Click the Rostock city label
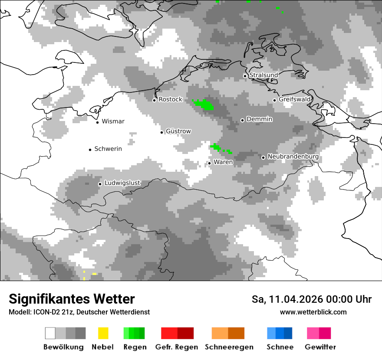tap(170, 99)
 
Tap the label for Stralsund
tap(263, 75)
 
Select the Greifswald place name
tap(295, 99)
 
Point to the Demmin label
tap(259, 119)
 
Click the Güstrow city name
tap(178, 131)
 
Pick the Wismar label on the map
tap(113, 121)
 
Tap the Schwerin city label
tap(108, 149)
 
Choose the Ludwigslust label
tap(122, 183)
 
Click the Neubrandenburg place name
tap(293, 157)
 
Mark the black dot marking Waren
tap(209, 163)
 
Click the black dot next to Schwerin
tap(90, 150)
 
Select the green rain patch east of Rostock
tap(203, 104)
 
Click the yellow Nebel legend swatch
tap(103, 333)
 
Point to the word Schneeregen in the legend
tap(229, 347)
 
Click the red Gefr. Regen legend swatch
tap(177, 333)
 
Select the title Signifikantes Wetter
tap(72, 299)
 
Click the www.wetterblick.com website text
tap(313, 312)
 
